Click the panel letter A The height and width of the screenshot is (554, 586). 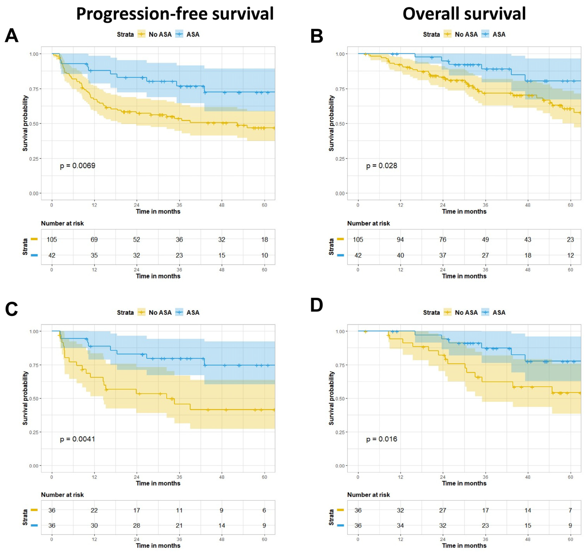pyautogui.click(x=12, y=36)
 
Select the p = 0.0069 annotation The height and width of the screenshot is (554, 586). pyautogui.click(x=77, y=166)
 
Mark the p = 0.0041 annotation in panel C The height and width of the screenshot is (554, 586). pyautogui.click(x=77, y=439)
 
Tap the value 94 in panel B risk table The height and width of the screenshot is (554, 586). pyautogui.click(x=400, y=240)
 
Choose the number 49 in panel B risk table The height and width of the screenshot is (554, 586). pyautogui.click(x=485, y=240)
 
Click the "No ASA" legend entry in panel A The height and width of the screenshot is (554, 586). pyautogui.click(x=160, y=35)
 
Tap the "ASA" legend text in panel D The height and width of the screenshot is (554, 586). pyautogui.click(x=499, y=312)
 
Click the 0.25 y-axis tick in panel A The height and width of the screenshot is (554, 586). pyautogui.click(x=34, y=159)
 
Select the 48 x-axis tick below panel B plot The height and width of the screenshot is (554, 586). pyautogui.click(x=528, y=205)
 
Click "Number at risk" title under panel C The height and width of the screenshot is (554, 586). pyautogui.click(x=62, y=495)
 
